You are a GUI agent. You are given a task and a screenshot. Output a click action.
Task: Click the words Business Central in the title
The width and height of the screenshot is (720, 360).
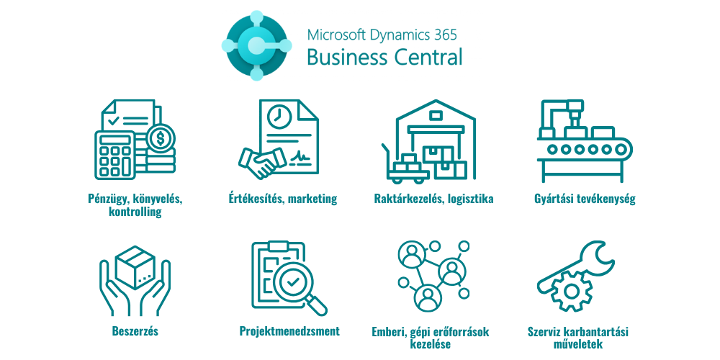pos(384,58)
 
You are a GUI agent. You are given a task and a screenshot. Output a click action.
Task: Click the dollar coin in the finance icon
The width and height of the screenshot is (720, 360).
pos(160,135)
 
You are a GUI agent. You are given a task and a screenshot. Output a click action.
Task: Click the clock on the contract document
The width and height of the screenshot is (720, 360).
pos(277,116)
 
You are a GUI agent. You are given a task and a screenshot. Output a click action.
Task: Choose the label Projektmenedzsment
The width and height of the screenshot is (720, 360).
pos(289,331)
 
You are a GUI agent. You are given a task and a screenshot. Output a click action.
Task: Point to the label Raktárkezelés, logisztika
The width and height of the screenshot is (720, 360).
pos(433,199)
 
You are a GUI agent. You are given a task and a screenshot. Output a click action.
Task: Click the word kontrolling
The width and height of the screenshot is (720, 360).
pos(135,212)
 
